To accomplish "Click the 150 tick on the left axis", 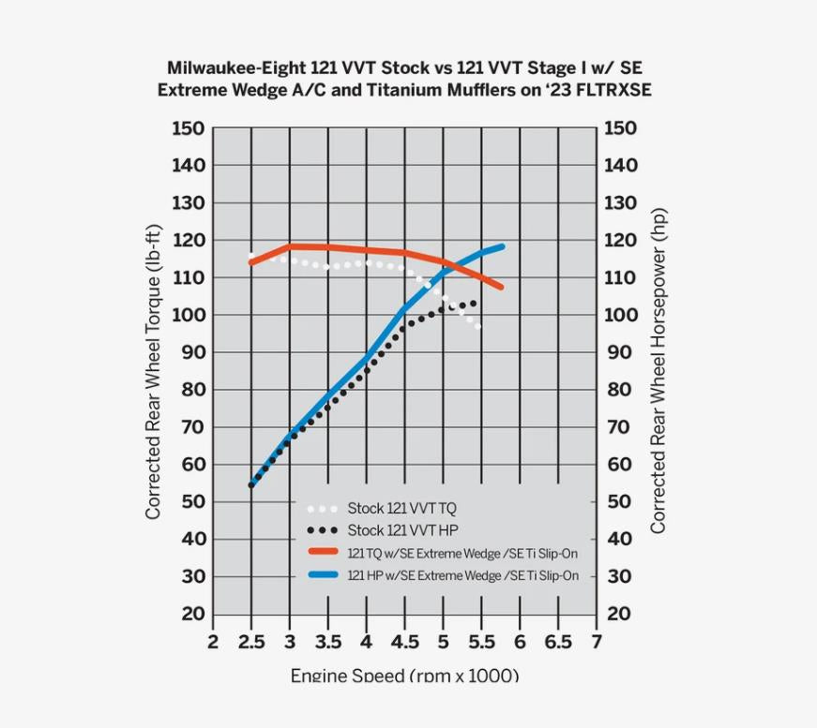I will [x=188, y=128].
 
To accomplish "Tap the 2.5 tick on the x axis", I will [x=251, y=642].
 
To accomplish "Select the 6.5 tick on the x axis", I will [x=558, y=642].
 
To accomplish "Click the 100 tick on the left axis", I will [x=188, y=315].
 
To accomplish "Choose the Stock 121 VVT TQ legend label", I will [x=401, y=509].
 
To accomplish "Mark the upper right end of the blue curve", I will [x=502, y=247].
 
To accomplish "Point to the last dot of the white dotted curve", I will [x=478, y=326].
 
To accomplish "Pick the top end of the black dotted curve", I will [x=474, y=303].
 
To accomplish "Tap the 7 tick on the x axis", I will [x=596, y=642].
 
